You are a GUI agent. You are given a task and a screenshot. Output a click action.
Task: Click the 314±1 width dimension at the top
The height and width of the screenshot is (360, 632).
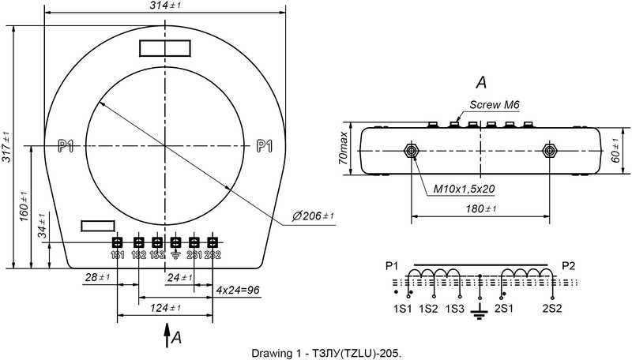(x=165, y=6)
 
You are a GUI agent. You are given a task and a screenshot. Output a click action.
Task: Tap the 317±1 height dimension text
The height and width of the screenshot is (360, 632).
(x=7, y=146)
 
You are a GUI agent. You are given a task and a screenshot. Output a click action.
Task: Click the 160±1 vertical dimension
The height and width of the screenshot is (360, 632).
(x=24, y=206)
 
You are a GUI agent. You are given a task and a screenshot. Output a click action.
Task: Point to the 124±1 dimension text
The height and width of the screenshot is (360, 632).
(x=164, y=308)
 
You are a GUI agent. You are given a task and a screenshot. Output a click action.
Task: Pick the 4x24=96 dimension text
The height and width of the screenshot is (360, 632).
(x=239, y=290)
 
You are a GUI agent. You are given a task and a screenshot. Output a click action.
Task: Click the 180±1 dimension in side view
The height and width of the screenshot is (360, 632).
(x=480, y=209)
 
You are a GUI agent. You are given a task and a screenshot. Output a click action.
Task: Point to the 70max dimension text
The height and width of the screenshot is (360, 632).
(x=343, y=148)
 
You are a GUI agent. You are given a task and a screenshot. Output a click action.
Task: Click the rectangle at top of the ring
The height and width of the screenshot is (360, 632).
(x=164, y=48)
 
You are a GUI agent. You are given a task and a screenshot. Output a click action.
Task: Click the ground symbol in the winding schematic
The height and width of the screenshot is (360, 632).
(x=477, y=314)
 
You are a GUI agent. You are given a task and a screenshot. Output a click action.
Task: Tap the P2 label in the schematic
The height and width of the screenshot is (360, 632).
(x=567, y=264)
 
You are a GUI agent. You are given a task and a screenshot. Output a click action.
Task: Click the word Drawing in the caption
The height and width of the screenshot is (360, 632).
(x=270, y=352)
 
